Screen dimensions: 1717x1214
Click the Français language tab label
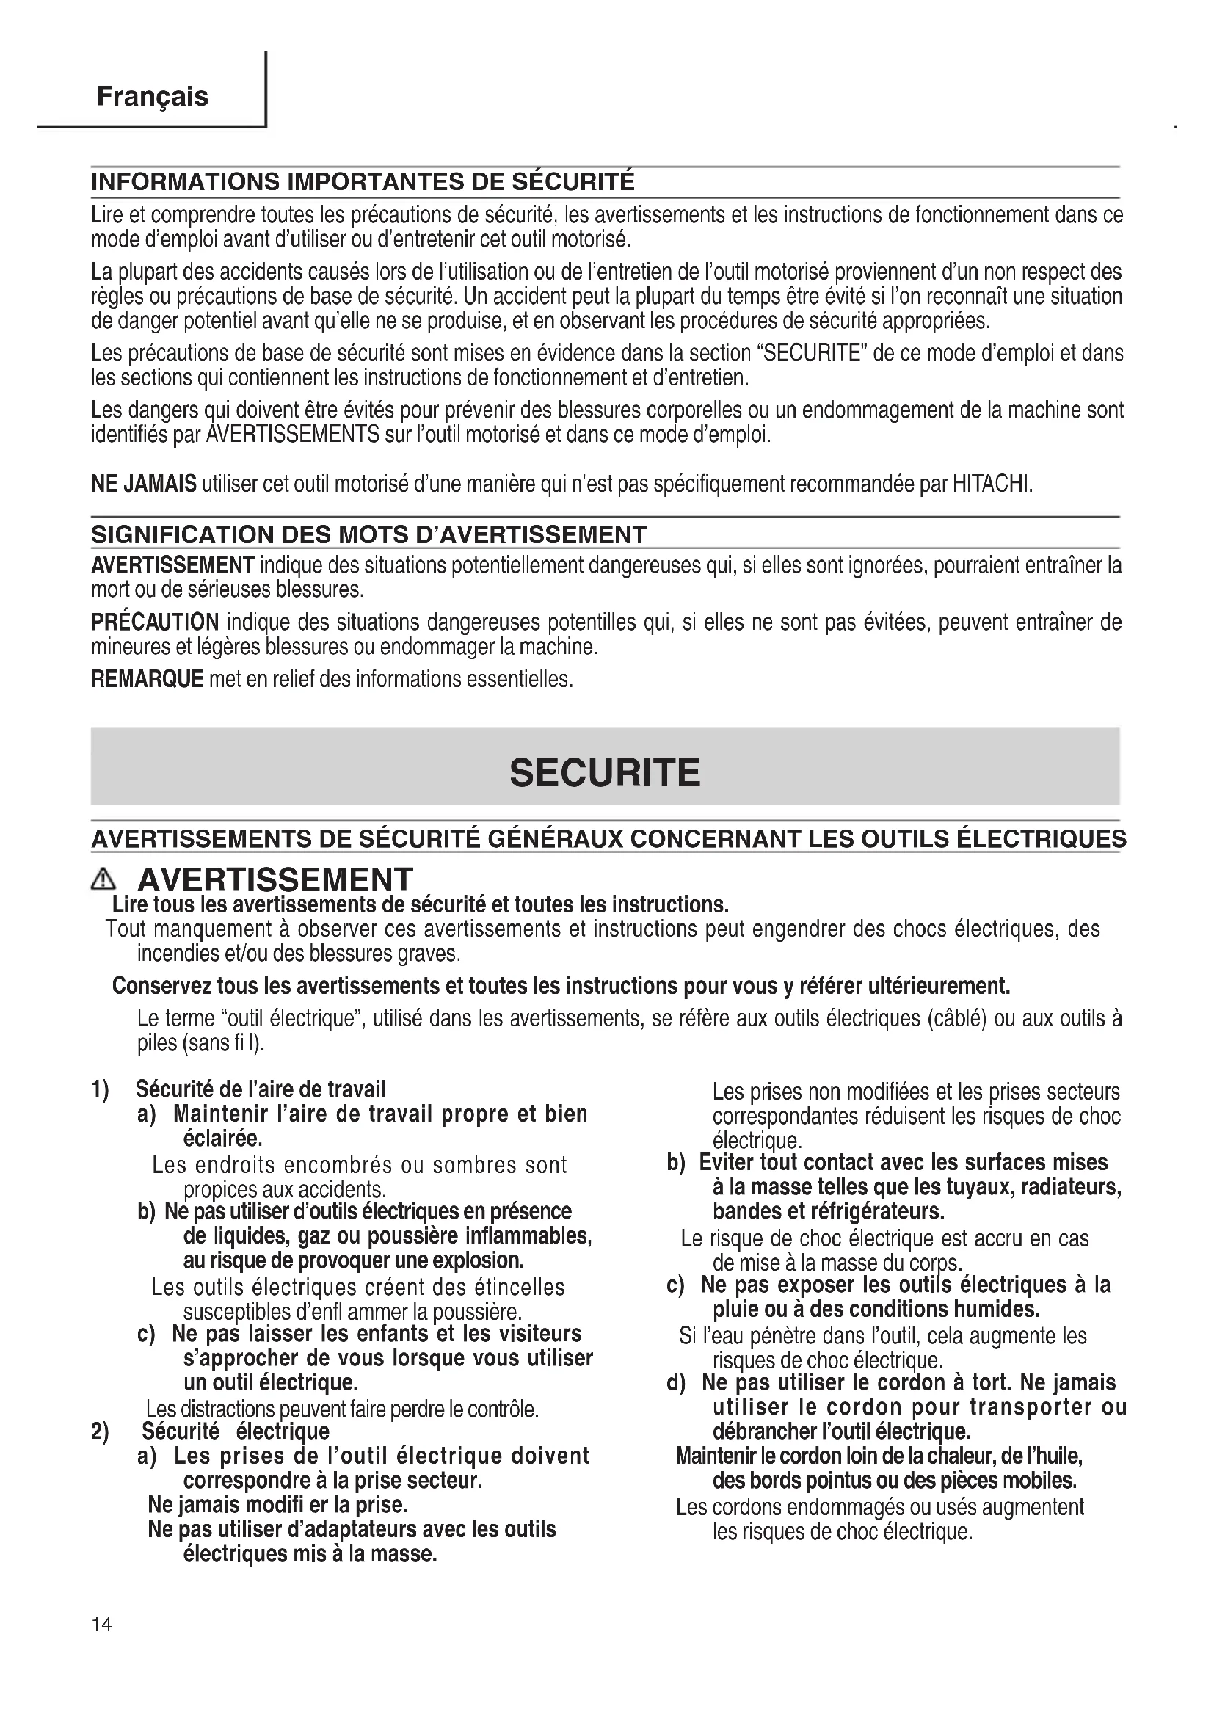tap(153, 96)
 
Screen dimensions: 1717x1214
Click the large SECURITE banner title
tap(605, 772)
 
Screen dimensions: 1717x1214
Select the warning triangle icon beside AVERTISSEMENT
tap(103, 882)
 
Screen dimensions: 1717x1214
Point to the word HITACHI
tap(992, 484)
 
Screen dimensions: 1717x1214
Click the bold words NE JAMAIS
tap(144, 484)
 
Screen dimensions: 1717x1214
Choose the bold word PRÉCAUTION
tap(155, 622)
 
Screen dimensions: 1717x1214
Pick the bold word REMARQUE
tap(148, 679)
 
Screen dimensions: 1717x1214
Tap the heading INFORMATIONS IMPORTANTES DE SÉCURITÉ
tap(363, 182)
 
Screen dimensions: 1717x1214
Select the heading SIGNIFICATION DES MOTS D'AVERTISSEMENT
tap(368, 534)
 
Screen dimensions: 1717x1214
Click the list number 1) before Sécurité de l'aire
tap(100, 1089)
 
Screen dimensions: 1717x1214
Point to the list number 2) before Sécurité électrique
tap(100, 1431)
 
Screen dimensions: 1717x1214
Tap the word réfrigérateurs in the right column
tap(877, 1210)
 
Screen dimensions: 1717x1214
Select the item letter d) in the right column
tap(676, 1383)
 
